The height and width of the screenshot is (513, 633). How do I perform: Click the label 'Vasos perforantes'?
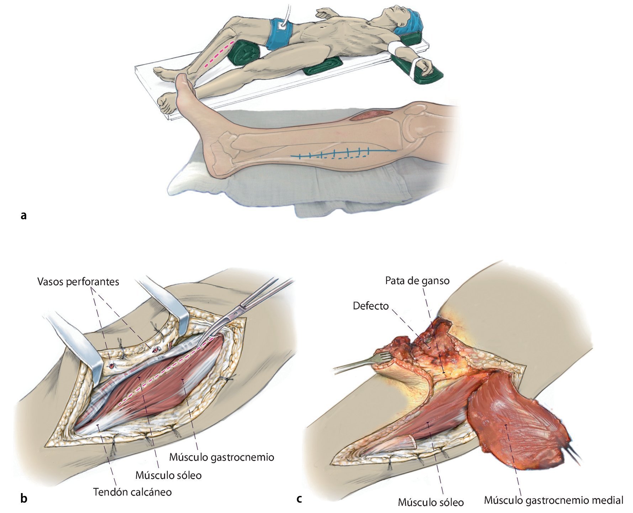click(x=78, y=282)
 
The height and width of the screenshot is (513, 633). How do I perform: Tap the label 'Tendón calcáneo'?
click(x=132, y=492)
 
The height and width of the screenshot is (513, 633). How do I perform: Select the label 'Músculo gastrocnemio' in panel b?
click(x=221, y=457)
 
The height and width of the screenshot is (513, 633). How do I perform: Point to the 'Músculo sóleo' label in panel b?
click(x=168, y=475)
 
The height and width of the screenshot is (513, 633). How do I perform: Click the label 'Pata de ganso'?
click(x=417, y=281)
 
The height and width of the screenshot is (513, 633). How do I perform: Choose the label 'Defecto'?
click(x=370, y=306)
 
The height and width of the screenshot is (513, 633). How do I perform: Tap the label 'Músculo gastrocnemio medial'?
click(x=553, y=500)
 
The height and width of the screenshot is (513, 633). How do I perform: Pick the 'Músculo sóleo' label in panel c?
click(x=431, y=502)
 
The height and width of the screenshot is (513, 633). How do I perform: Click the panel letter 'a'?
click(x=23, y=215)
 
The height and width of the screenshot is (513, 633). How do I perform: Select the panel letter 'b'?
click(x=23, y=498)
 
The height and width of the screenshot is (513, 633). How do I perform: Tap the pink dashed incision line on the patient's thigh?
click(x=219, y=54)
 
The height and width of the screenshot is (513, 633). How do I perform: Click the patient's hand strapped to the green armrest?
click(x=425, y=66)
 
